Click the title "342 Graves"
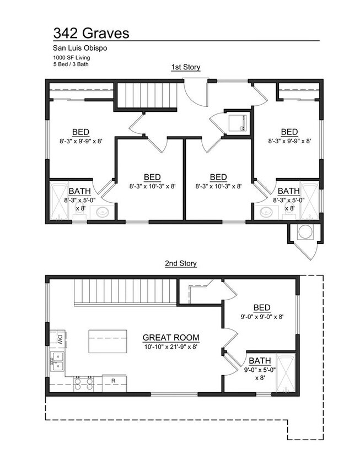tap(91, 33)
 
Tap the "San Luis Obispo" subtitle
tap(80, 48)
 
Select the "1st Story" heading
tap(185, 67)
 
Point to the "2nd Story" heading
tap(181, 263)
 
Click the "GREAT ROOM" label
tap(171, 338)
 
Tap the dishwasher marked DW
tap(58, 338)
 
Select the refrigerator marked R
tap(115, 383)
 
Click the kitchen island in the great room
tap(108, 342)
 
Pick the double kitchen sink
tap(57, 361)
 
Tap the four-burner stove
tap(83, 383)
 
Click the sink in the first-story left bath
tap(103, 212)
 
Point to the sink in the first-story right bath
tap(266, 212)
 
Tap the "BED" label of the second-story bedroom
tap(262, 307)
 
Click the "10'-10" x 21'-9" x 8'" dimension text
tap(171, 347)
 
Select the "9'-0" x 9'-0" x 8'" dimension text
tap(262, 317)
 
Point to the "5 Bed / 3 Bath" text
tap(71, 64)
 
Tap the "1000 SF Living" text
tap(72, 57)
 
